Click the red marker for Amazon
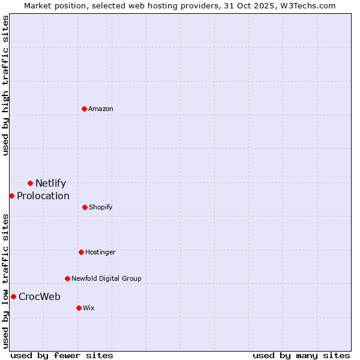coord(85,109)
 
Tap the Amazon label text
coord(101,109)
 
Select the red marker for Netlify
coord(30,183)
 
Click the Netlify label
coord(50,184)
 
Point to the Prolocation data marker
coord(11,196)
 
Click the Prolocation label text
coord(43,196)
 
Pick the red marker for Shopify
coord(85,207)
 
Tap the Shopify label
coord(101,208)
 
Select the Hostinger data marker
coord(81,252)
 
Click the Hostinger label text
coord(100,253)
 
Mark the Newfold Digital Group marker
coord(67,278)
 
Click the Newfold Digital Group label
coord(106,279)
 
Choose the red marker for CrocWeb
coord(13,296)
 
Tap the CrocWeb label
coord(40,297)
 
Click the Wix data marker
coord(79,308)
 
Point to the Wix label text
coord(89,308)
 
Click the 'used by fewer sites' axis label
coord(62,356)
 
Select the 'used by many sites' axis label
coord(301,356)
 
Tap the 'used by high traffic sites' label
coord(6,85)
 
